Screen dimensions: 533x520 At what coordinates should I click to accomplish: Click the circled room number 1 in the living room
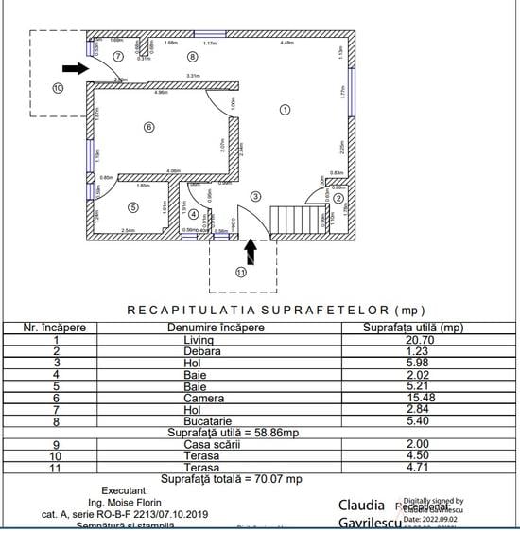click(284, 111)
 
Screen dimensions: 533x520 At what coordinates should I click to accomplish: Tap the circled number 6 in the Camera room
click(148, 127)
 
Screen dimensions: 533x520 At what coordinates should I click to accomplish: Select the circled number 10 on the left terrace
click(57, 88)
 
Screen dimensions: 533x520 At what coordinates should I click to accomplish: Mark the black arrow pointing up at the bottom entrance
click(251, 250)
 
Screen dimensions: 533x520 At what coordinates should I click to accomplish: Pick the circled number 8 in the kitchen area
click(193, 56)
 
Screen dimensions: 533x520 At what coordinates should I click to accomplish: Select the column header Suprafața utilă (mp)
click(413, 328)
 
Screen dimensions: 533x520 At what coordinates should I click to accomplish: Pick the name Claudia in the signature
click(361, 505)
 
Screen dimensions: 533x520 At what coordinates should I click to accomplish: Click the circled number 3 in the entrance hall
click(254, 196)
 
